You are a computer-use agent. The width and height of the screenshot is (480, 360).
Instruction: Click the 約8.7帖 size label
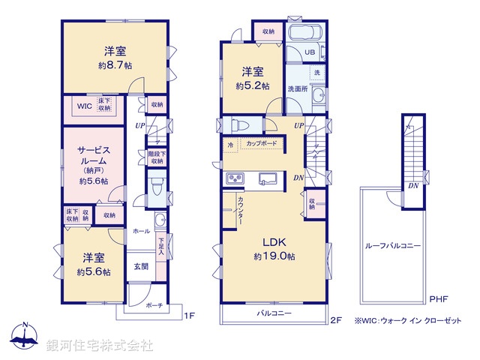click(115, 65)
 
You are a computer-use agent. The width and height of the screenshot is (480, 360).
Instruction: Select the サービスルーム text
click(94, 149)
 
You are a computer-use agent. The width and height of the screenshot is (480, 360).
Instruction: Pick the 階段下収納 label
click(156, 157)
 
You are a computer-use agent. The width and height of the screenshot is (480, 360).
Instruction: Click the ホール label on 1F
click(141, 231)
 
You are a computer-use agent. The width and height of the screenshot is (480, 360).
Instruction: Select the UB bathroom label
click(309, 52)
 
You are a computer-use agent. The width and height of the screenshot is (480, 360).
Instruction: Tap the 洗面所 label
click(298, 88)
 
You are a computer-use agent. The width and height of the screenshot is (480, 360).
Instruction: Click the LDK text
click(273, 242)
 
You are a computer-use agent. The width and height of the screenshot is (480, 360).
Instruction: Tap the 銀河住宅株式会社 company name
click(100, 345)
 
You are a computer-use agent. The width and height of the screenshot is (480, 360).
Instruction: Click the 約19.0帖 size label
click(274, 256)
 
